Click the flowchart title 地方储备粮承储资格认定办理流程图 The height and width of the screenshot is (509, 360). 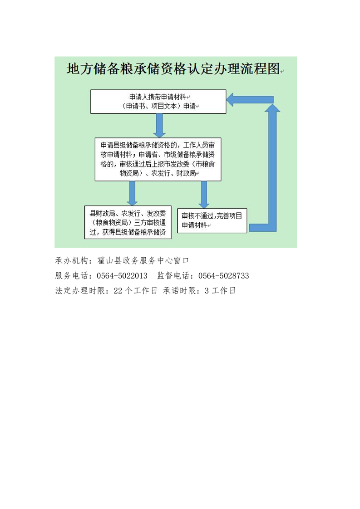point(173,69)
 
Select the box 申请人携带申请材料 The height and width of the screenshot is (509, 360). point(158,102)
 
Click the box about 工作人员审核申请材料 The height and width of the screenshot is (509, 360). point(158,159)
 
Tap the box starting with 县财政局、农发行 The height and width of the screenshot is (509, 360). point(128,222)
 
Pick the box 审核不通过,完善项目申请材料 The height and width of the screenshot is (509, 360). point(212,221)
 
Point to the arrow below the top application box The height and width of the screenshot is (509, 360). point(159,125)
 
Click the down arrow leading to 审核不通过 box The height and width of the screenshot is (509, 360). point(204,195)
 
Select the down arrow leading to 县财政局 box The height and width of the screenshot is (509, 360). point(132,193)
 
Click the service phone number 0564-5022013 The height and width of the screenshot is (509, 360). point(122,276)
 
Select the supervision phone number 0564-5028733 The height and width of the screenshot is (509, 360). point(223,276)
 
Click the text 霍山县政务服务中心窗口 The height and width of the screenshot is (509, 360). point(143,261)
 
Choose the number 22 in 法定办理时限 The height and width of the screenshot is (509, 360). point(118,291)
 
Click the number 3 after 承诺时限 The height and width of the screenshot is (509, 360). point(207,291)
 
